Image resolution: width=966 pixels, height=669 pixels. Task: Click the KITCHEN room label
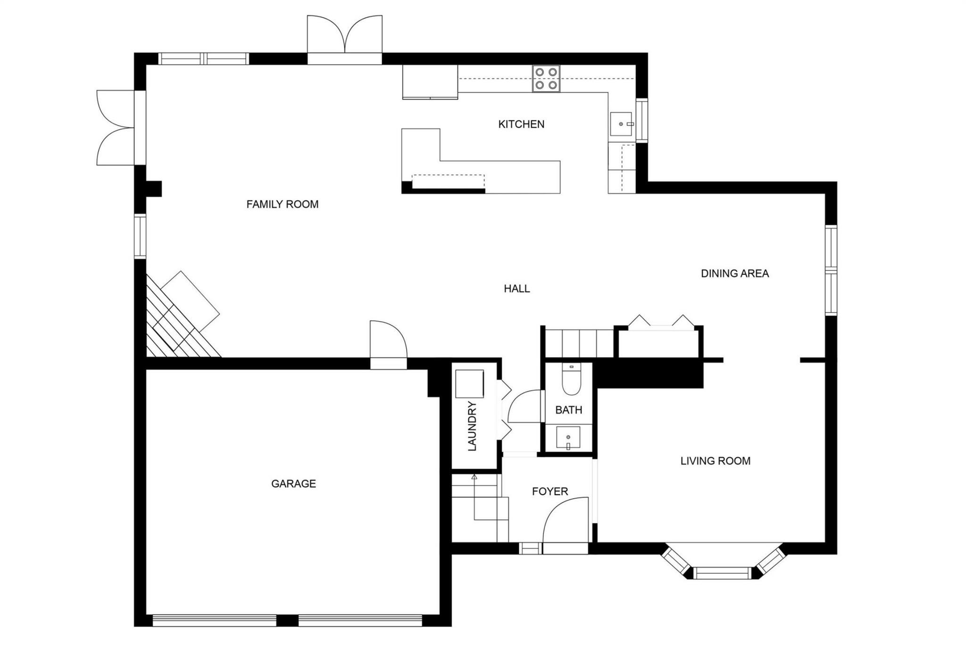(521, 124)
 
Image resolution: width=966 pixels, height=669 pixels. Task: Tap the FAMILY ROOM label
(282, 204)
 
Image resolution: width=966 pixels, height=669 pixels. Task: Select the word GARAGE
(293, 483)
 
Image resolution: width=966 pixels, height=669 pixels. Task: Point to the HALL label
(516, 289)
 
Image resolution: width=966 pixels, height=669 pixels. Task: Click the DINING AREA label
(734, 273)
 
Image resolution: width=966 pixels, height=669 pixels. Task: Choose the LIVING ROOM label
(715, 461)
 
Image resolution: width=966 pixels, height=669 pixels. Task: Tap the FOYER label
(550, 491)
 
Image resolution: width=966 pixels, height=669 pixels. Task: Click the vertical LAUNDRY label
(472, 426)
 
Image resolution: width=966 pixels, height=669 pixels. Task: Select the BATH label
(568, 410)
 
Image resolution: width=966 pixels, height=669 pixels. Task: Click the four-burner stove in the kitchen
(546, 79)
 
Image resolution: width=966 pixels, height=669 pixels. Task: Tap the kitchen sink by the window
(622, 124)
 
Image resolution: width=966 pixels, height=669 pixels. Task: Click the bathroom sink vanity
(568, 438)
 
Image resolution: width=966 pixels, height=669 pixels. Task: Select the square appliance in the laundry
(469, 384)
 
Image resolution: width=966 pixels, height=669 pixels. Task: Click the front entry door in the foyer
(565, 523)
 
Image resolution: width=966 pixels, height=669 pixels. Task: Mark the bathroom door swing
(525, 406)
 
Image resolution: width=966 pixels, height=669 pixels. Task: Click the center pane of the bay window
(722, 573)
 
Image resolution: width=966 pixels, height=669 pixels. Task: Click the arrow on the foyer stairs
(475, 478)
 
